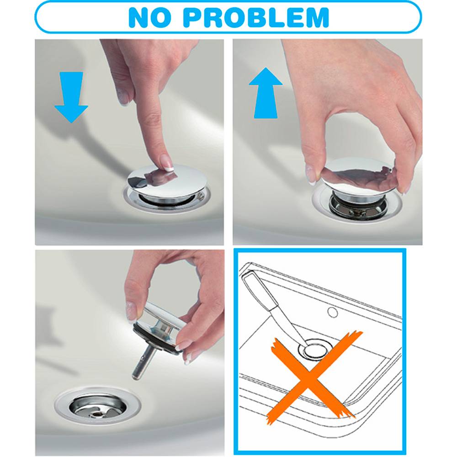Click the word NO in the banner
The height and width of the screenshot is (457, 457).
pos(150,17)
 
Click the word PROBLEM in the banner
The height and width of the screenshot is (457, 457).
pos(255,17)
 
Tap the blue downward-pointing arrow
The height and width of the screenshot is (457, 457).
pos(71,97)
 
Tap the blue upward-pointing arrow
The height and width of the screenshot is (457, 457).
pos(266,93)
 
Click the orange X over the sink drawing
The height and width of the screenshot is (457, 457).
pos(314,377)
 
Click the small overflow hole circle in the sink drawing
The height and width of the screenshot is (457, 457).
pos(333,313)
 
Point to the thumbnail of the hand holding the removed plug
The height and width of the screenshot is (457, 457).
pos(132,310)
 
